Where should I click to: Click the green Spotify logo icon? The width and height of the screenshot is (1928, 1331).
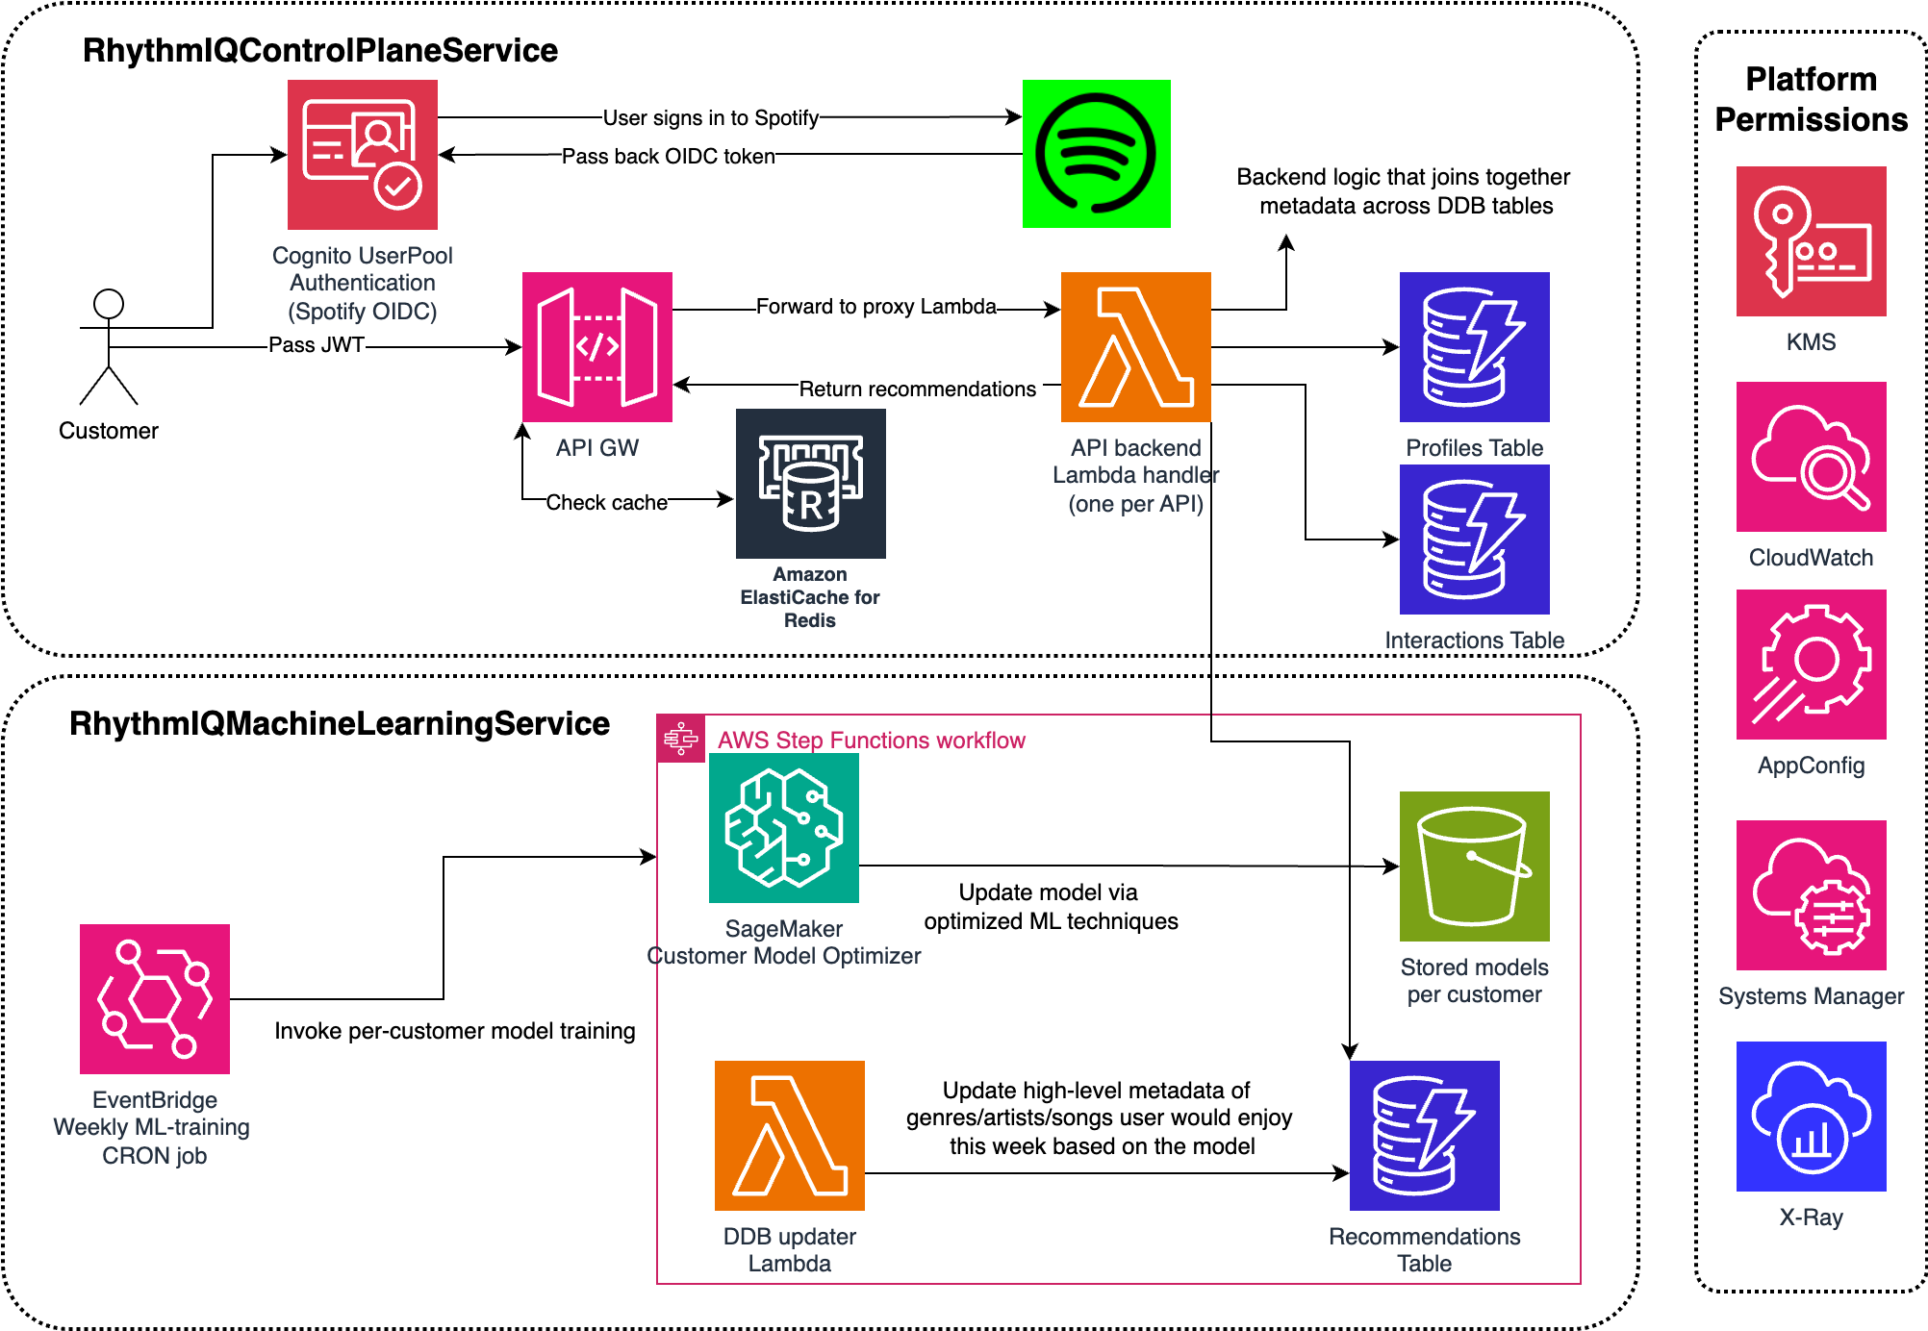pyautogui.click(x=1096, y=154)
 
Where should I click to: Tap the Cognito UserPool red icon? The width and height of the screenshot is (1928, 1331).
pyautogui.click(x=363, y=154)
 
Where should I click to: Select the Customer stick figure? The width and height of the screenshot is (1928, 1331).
pyautogui.click(x=109, y=347)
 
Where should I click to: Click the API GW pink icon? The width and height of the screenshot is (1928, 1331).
pyautogui.click(x=596, y=347)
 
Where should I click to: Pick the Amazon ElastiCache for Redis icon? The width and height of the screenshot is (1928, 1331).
pyautogui.click(x=810, y=483)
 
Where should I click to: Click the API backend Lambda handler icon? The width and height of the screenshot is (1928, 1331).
pyautogui.click(x=1135, y=347)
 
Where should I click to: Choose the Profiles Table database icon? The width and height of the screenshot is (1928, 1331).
pyautogui.click(x=1474, y=347)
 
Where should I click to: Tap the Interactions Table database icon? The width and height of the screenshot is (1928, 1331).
pyautogui.click(x=1474, y=540)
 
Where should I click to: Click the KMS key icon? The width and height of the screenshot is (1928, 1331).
pyautogui.click(x=1811, y=241)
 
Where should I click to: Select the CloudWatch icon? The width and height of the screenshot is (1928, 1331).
pyautogui.click(x=1811, y=457)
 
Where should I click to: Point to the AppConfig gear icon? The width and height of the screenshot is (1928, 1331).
pyautogui.click(x=1811, y=665)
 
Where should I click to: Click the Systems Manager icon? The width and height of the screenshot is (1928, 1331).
pyautogui.click(x=1811, y=895)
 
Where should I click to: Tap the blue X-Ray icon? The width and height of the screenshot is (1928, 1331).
pyautogui.click(x=1811, y=1117)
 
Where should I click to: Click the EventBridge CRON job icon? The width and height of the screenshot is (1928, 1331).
pyautogui.click(x=155, y=999)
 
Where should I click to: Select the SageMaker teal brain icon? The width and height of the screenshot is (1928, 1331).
pyautogui.click(x=783, y=828)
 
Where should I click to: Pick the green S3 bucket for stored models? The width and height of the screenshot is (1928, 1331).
pyautogui.click(x=1474, y=866)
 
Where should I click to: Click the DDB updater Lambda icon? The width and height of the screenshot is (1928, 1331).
pyautogui.click(x=789, y=1136)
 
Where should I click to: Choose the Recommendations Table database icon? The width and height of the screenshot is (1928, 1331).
pyautogui.click(x=1424, y=1136)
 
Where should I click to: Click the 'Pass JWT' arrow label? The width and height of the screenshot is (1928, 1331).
pyautogui.click(x=317, y=345)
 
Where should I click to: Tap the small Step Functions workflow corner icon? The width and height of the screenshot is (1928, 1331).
pyautogui.click(x=681, y=739)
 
